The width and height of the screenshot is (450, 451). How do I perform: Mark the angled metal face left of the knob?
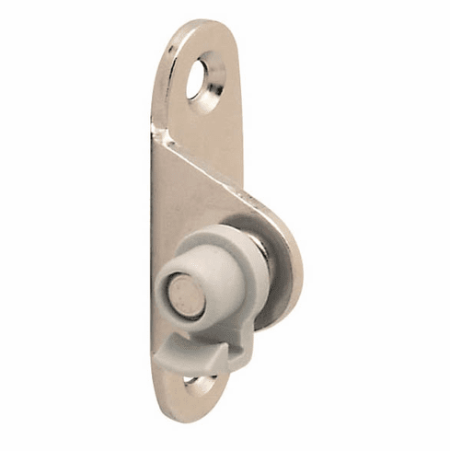175,221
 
